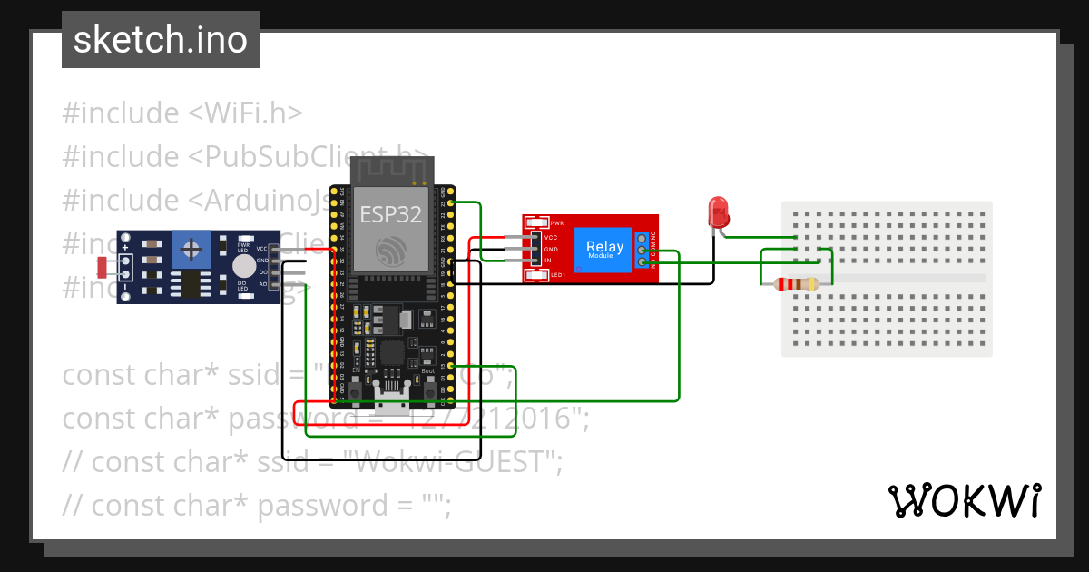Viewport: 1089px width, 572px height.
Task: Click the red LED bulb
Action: tap(718, 212)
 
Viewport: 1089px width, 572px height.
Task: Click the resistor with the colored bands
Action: tap(796, 283)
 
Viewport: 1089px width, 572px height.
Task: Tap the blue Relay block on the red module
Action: tap(604, 249)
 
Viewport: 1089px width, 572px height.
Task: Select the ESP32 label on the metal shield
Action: tap(390, 214)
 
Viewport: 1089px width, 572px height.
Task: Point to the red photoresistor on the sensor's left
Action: tap(102, 267)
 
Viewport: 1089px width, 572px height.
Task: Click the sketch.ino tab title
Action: tap(161, 40)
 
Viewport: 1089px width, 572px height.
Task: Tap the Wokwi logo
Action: tap(964, 501)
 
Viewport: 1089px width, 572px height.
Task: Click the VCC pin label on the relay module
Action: tap(551, 238)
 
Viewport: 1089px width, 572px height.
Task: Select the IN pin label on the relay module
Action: tap(548, 260)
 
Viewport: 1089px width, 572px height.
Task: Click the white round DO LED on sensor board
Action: tap(243, 265)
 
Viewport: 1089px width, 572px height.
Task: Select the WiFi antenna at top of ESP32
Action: tap(391, 170)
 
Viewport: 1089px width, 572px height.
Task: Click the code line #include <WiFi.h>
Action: tap(181, 113)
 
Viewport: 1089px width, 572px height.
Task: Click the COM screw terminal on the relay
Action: tap(643, 250)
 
